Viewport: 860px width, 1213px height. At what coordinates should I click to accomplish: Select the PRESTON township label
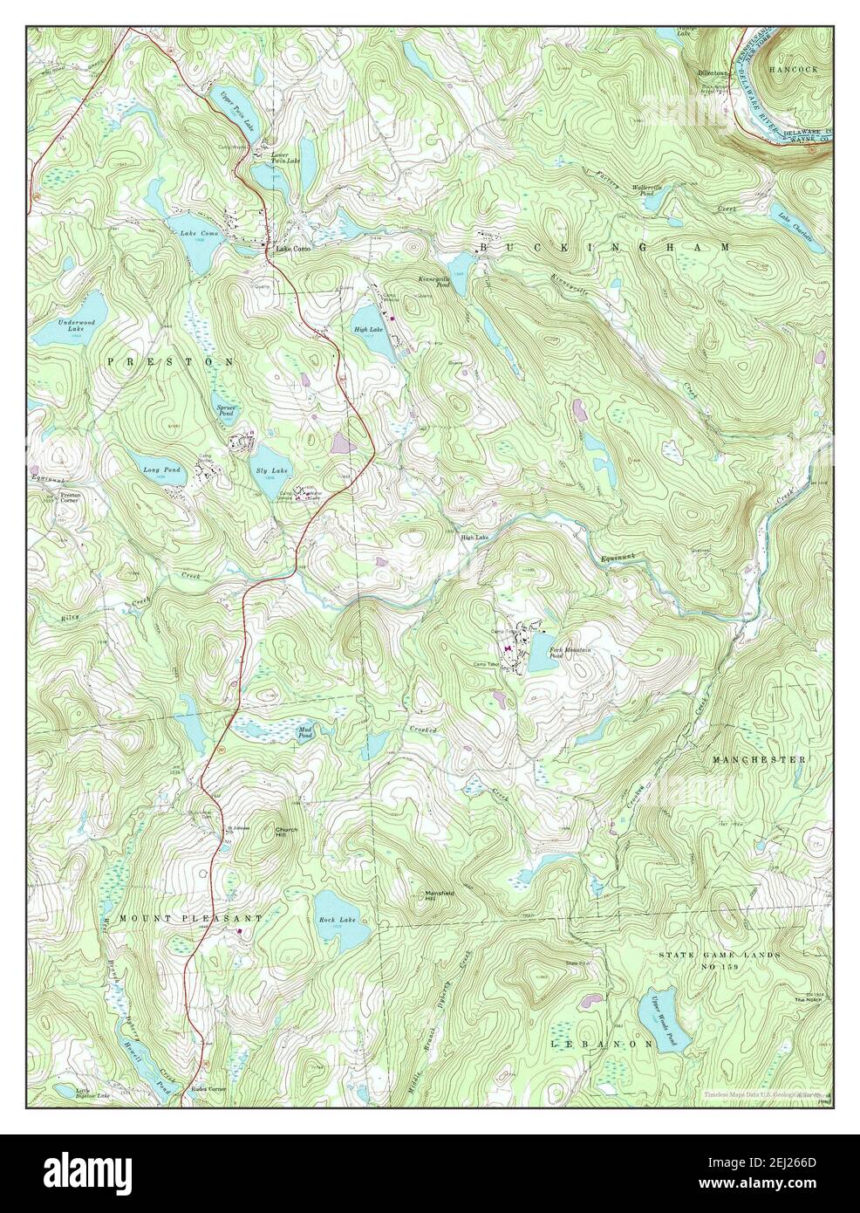point(170,360)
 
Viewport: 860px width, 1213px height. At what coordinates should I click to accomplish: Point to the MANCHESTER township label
point(758,760)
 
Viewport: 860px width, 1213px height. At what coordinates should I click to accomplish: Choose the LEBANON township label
point(601,1043)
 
